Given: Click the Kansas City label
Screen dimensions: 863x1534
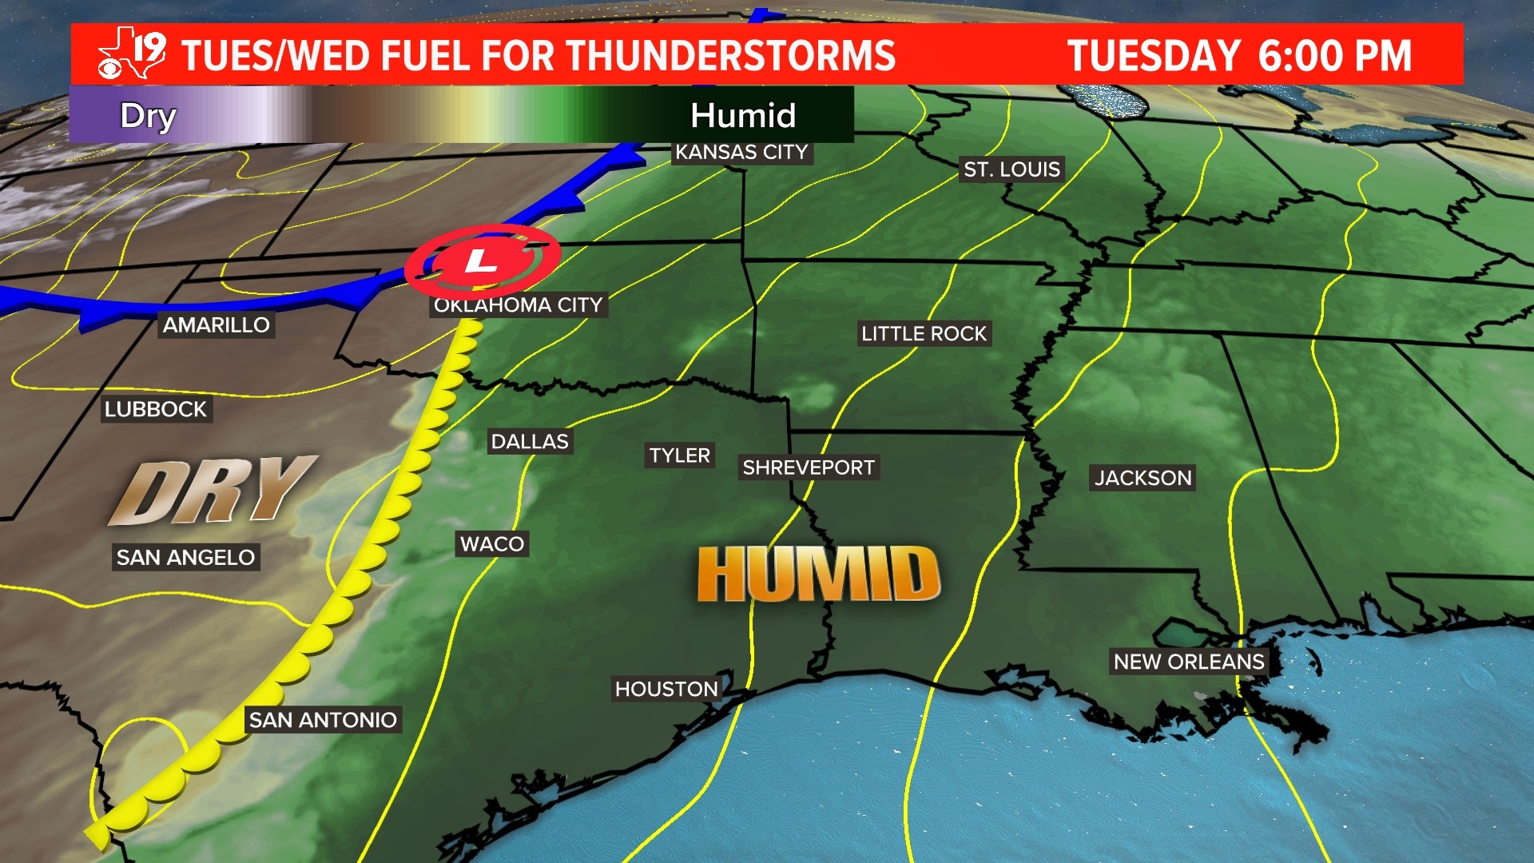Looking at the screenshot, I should (741, 152).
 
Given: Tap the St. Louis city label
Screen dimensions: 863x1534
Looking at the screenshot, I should (1011, 169).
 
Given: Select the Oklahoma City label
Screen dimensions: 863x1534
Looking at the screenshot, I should (518, 305).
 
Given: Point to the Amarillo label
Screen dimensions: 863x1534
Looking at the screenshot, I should (216, 324).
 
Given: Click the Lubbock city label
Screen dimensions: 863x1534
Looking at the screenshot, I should (156, 409).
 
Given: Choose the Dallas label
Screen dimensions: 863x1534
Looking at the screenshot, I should (530, 441).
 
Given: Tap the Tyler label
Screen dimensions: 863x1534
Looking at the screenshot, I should (679, 455).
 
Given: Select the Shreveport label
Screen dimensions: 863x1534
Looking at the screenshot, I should (809, 467).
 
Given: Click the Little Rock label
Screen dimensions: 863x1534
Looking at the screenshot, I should (924, 333).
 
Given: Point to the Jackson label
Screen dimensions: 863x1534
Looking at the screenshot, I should (1143, 478).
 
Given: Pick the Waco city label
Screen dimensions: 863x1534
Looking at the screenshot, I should (492, 544).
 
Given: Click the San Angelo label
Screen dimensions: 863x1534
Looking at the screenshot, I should (185, 557).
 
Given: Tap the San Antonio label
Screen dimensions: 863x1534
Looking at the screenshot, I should (323, 720).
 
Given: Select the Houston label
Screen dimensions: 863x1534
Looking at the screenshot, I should (666, 689).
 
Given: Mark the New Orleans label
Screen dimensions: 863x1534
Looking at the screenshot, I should (1189, 662).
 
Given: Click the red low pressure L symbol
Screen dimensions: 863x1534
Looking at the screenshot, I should (481, 260).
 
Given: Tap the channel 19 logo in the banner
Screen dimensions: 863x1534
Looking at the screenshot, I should (132, 54).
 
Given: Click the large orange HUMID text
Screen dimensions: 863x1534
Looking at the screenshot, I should (818, 574).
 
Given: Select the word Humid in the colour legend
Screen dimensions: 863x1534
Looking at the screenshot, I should (743, 116).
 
